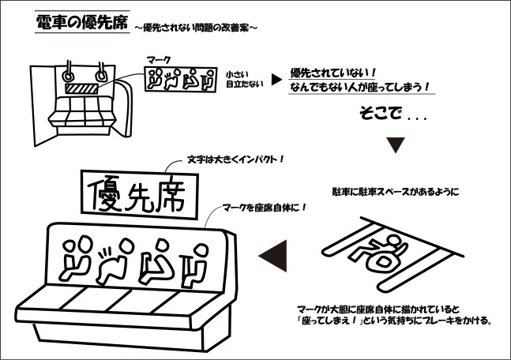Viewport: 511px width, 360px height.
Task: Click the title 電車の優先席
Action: coord(82,23)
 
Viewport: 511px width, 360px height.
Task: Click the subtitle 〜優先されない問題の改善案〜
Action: coord(196,28)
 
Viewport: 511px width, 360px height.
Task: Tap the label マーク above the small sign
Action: coord(159,59)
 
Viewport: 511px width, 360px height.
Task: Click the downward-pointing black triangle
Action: coord(397,146)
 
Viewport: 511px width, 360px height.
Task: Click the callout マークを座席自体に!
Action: coord(264,208)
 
